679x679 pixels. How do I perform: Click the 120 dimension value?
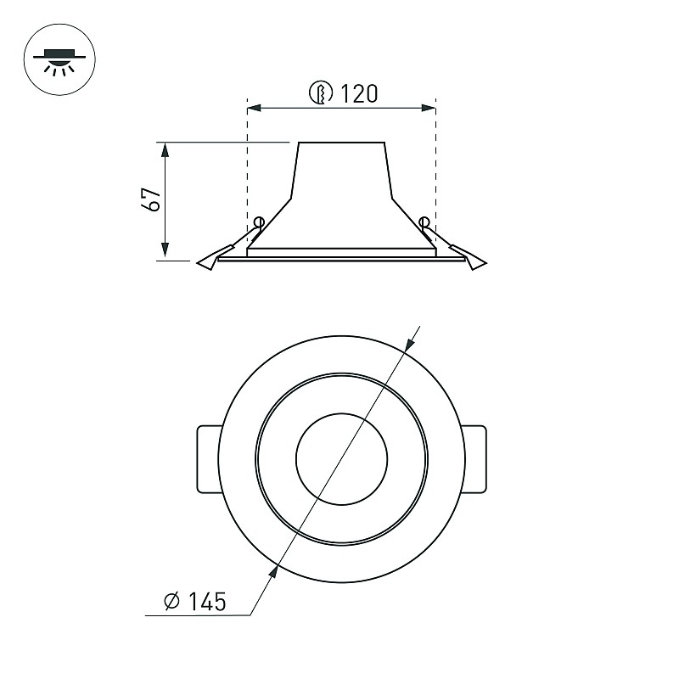359,93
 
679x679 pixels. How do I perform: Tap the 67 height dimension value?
151,199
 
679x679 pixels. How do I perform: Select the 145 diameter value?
207,602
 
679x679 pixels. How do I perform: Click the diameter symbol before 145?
172,601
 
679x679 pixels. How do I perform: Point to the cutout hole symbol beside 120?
321,93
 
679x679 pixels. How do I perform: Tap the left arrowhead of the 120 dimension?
255,108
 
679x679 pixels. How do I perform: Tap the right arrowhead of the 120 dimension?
429,108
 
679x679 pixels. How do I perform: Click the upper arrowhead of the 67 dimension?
165,149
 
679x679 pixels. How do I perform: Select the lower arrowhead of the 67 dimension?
165,250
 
